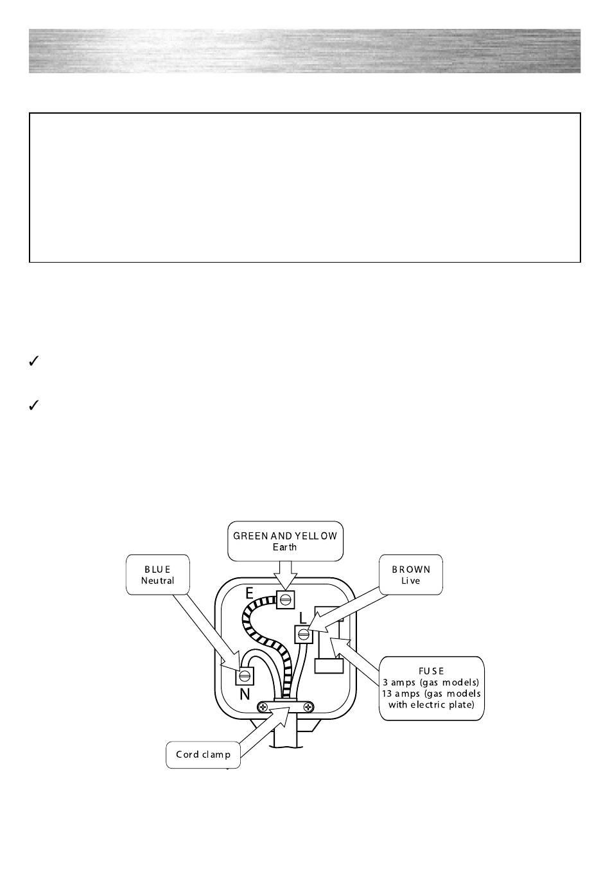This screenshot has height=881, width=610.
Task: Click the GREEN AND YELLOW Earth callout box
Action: pyautogui.click(x=285, y=541)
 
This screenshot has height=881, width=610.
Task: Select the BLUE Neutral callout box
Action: pyautogui.click(x=157, y=574)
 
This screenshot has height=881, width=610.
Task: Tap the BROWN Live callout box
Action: pyautogui.click(x=410, y=574)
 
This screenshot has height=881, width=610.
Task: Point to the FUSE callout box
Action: pyautogui.click(x=431, y=688)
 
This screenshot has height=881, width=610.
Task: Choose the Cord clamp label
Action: pyautogui.click(x=203, y=755)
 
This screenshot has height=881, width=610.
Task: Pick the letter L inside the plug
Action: pyautogui.click(x=303, y=618)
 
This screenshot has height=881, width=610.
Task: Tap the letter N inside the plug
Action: pyautogui.click(x=245, y=694)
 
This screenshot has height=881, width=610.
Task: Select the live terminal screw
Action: pyautogui.click(x=304, y=635)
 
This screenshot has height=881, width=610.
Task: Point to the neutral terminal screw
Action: pyautogui.click(x=245, y=676)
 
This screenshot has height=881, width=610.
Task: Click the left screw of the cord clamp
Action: pyautogui.click(x=263, y=706)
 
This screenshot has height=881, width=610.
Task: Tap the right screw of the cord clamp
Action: pyautogui.click(x=309, y=706)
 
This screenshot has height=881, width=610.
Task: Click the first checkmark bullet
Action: pyautogui.click(x=35, y=362)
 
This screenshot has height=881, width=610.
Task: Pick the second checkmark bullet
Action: pyautogui.click(x=35, y=405)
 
